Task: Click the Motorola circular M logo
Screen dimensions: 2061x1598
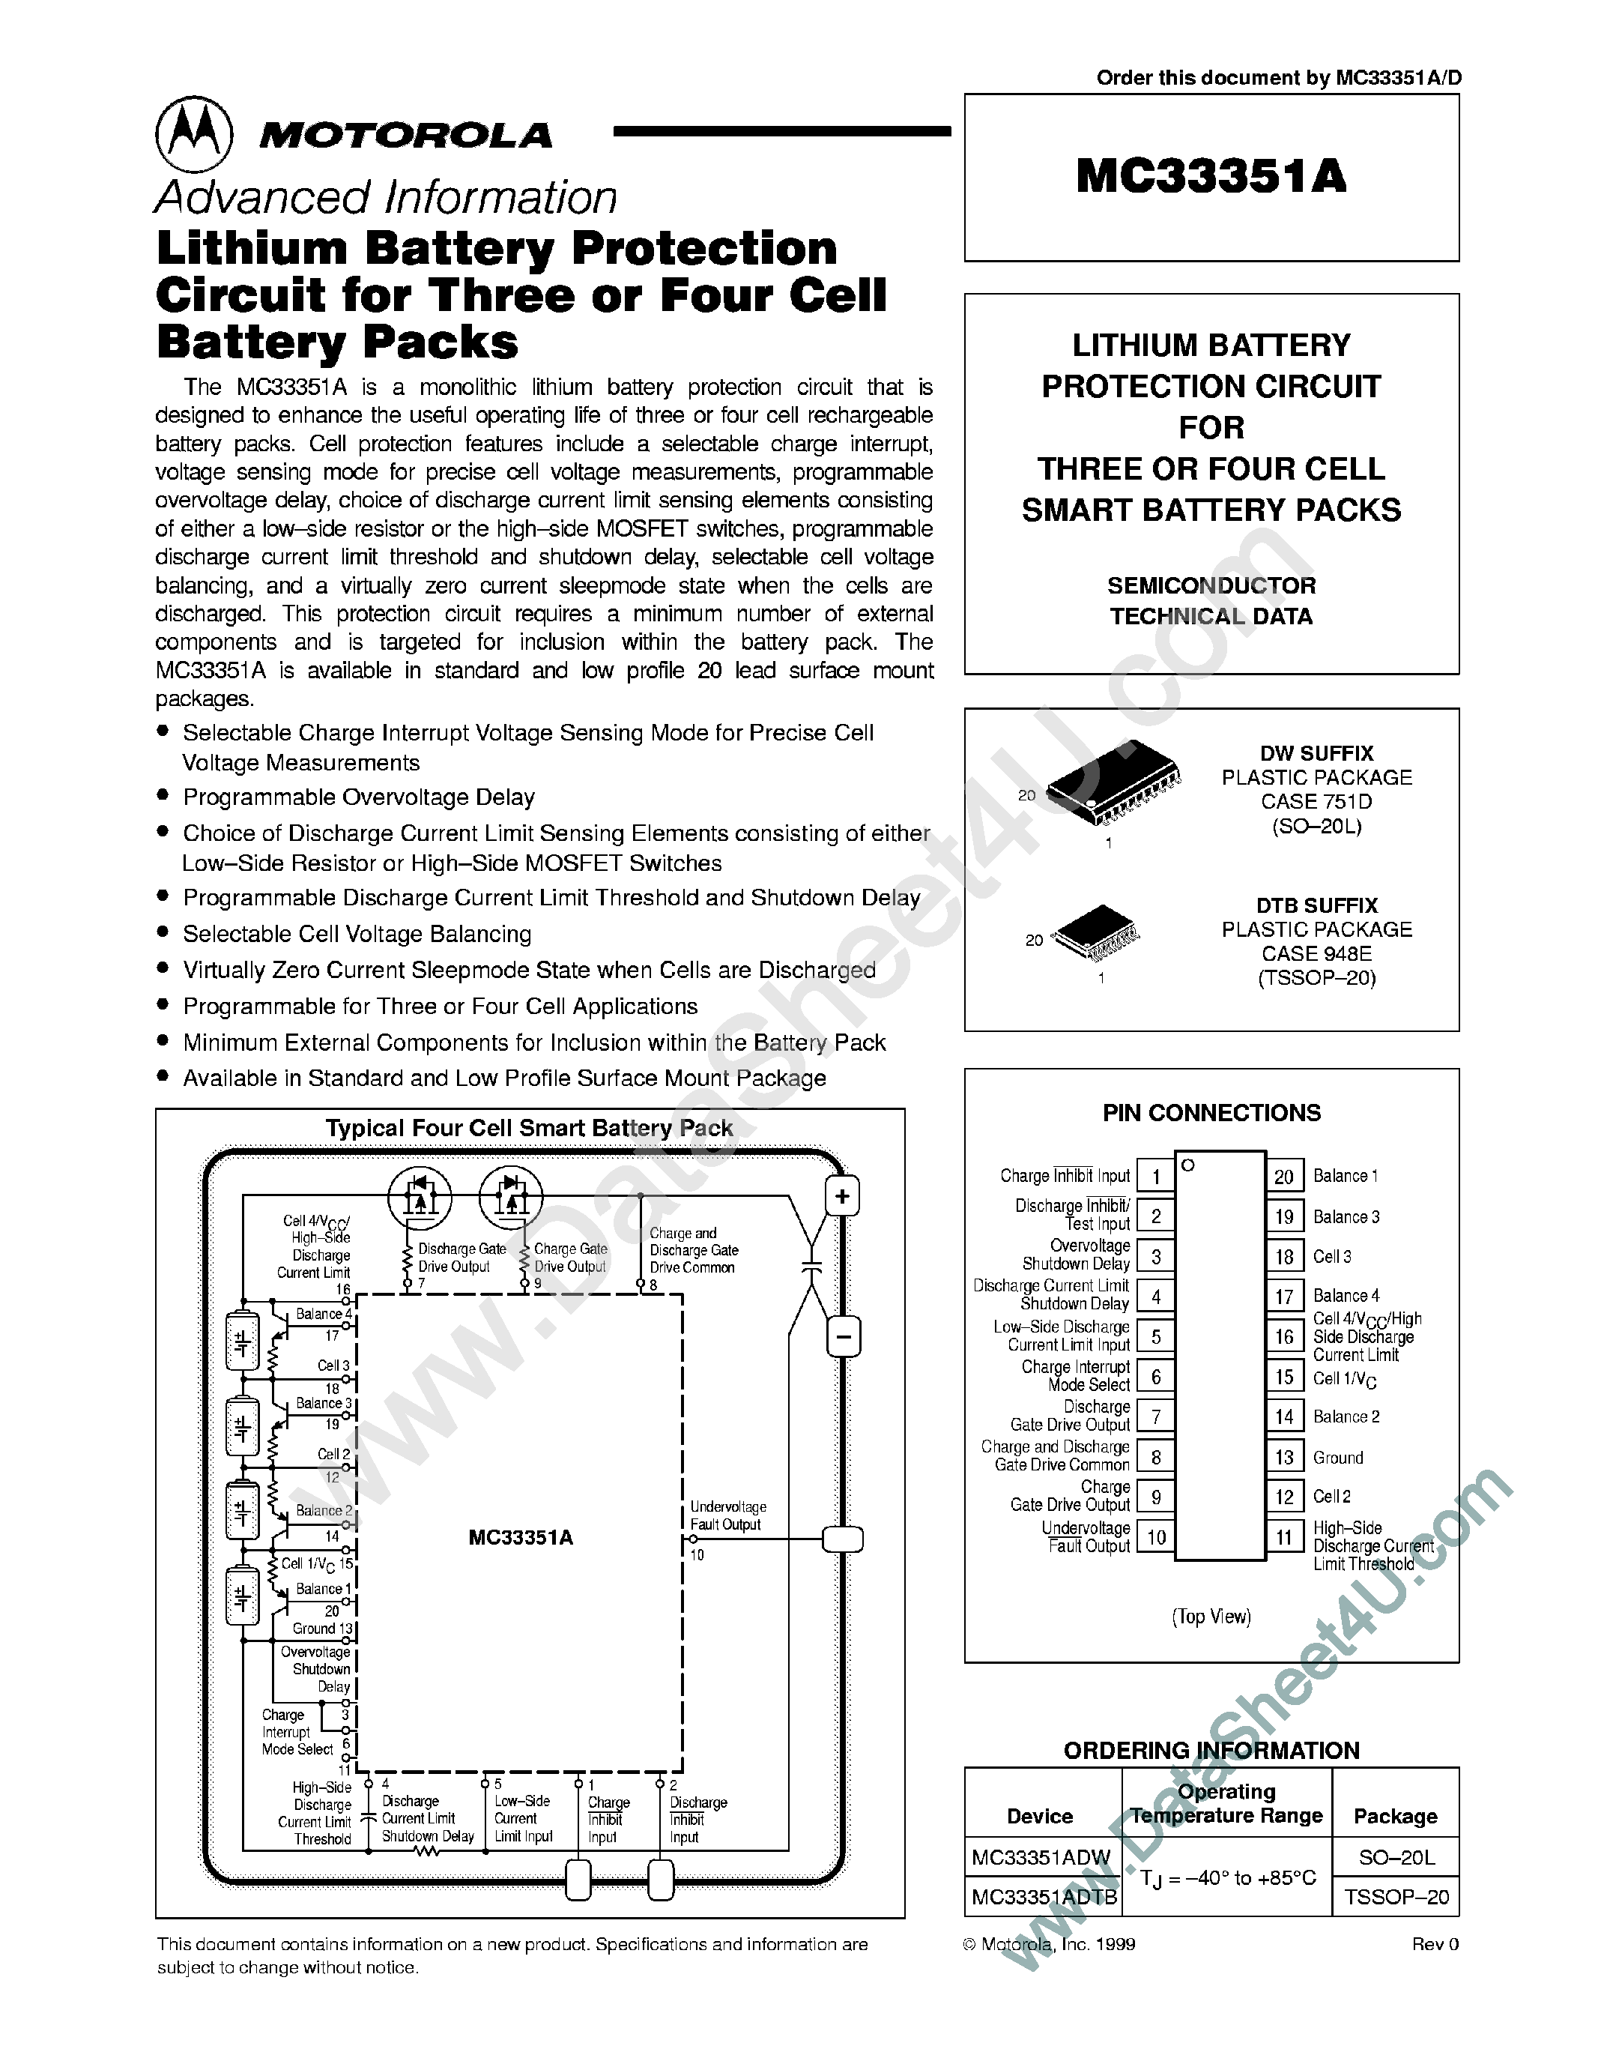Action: pyautogui.click(x=193, y=134)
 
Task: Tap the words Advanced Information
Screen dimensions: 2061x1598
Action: pyautogui.click(x=386, y=198)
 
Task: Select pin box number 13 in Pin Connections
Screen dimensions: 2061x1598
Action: pyautogui.click(x=1284, y=1457)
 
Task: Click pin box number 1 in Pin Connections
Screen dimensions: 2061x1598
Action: pyautogui.click(x=1155, y=1177)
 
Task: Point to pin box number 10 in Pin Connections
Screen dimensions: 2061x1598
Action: pyautogui.click(x=1155, y=1537)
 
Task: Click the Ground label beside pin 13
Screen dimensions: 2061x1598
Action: pyautogui.click(x=1337, y=1458)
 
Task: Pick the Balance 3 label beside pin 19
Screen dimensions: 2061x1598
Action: pyautogui.click(x=1346, y=1217)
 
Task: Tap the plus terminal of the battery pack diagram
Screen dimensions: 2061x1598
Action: pyautogui.click(x=842, y=1197)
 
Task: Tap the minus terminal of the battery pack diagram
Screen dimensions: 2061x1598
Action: pyautogui.click(x=842, y=1336)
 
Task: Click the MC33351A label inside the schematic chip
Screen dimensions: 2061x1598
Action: pyautogui.click(x=521, y=1537)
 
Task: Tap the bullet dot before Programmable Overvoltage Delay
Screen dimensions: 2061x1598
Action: pyautogui.click(x=163, y=795)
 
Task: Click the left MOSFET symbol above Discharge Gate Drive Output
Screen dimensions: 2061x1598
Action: pyautogui.click(x=420, y=1195)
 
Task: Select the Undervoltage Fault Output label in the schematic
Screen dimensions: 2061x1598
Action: pyautogui.click(x=727, y=1515)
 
